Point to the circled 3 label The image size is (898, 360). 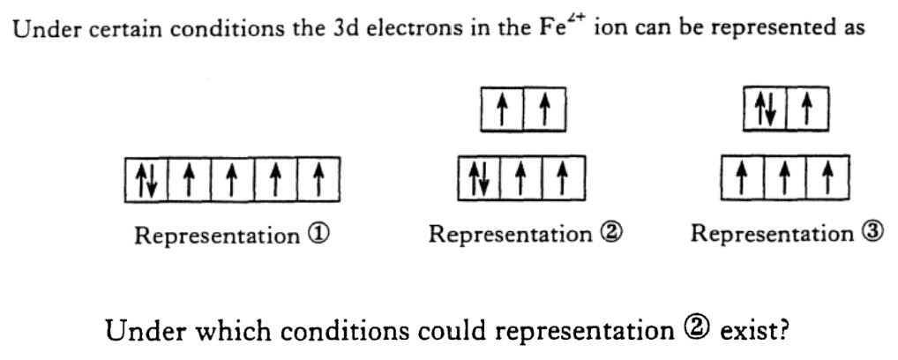click(x=868, y=236)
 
